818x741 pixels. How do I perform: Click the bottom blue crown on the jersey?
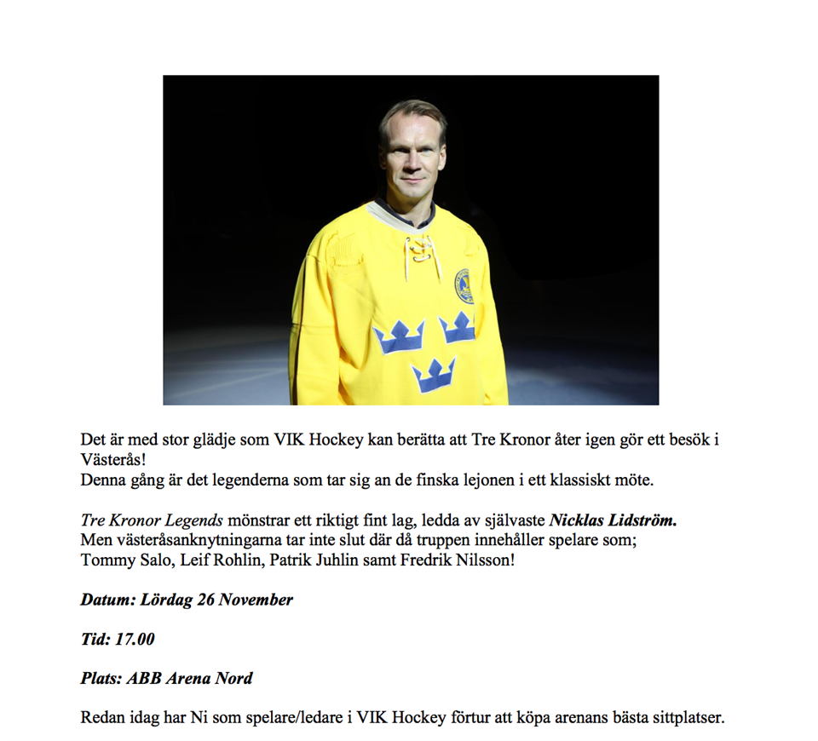(434, 374)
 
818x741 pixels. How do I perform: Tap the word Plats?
(101, 679)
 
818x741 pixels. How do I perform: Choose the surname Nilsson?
(484, 561)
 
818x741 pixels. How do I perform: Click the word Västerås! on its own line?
(113, 459)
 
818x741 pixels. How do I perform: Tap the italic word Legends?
(197, 519)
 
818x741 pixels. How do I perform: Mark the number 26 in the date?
(205, 600)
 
